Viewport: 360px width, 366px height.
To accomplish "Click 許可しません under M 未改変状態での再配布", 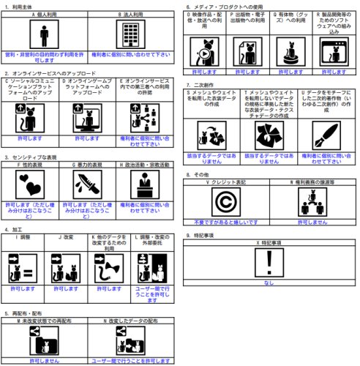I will [x=45, y=340].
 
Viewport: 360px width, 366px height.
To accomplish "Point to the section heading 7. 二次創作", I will [x=204, y=86].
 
